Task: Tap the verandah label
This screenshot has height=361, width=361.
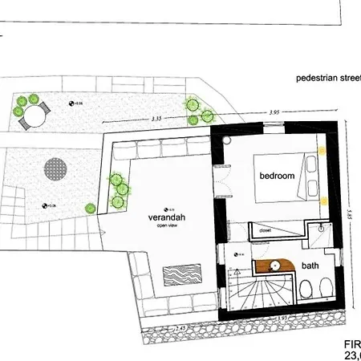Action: [x=165, y=217]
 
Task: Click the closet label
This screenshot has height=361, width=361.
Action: [x=266, y=229]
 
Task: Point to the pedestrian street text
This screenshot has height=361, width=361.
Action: [x=328, y=79]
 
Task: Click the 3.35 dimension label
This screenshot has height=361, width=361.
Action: [x=157, y=120]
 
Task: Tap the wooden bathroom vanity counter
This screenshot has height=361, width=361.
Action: [x=276, y=266]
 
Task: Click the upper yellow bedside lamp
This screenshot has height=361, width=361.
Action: [x=322, y=149]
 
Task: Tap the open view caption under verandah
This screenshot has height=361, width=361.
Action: [x=166, y=226]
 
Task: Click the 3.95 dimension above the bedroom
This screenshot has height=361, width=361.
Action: [x=274, y=112]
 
